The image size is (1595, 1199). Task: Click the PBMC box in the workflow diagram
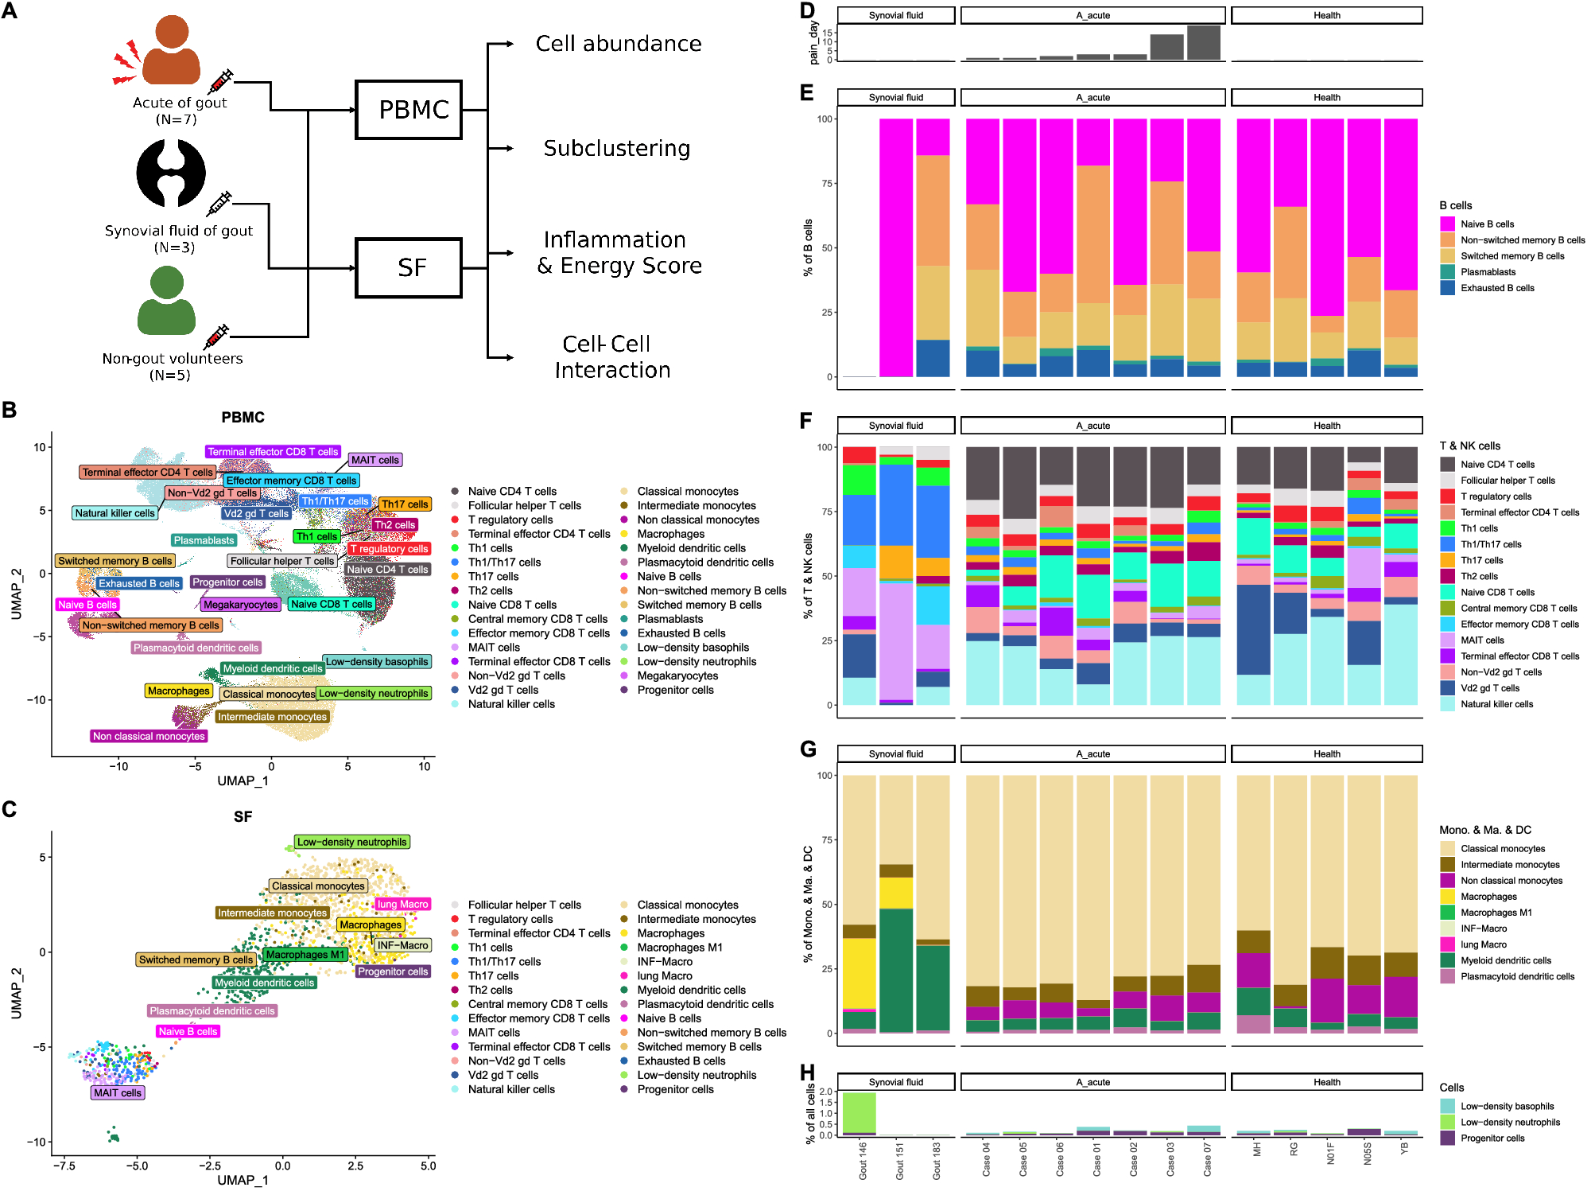click(x=409, y=110)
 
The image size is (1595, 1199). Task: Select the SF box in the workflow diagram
click(x=409, y=268)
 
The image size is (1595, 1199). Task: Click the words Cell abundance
click(x=619, y=44)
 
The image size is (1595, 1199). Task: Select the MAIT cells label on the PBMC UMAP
click(x=375, y=460)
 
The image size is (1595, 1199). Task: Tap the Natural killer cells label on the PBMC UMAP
click(x=114, y=513)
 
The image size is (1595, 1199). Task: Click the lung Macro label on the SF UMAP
click(x=402, y=904)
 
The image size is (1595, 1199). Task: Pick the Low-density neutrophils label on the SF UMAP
click(x=351, y=842)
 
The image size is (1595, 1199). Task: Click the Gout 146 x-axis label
click(x=863, y=1160)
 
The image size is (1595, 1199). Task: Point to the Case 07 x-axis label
click(x=1207, y=1160)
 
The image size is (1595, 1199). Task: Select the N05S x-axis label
click(x=1368, y=1154)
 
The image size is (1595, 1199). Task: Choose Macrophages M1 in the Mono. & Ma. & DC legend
click(x=1496, y=913)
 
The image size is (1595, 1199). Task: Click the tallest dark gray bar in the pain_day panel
click(x=1204, y=43)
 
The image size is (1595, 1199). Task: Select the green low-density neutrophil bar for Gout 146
click(x=859, y=1112)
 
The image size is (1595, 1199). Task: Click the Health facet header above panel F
click(x=1326, y=426)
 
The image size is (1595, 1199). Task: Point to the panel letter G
click(x=808, y=749)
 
